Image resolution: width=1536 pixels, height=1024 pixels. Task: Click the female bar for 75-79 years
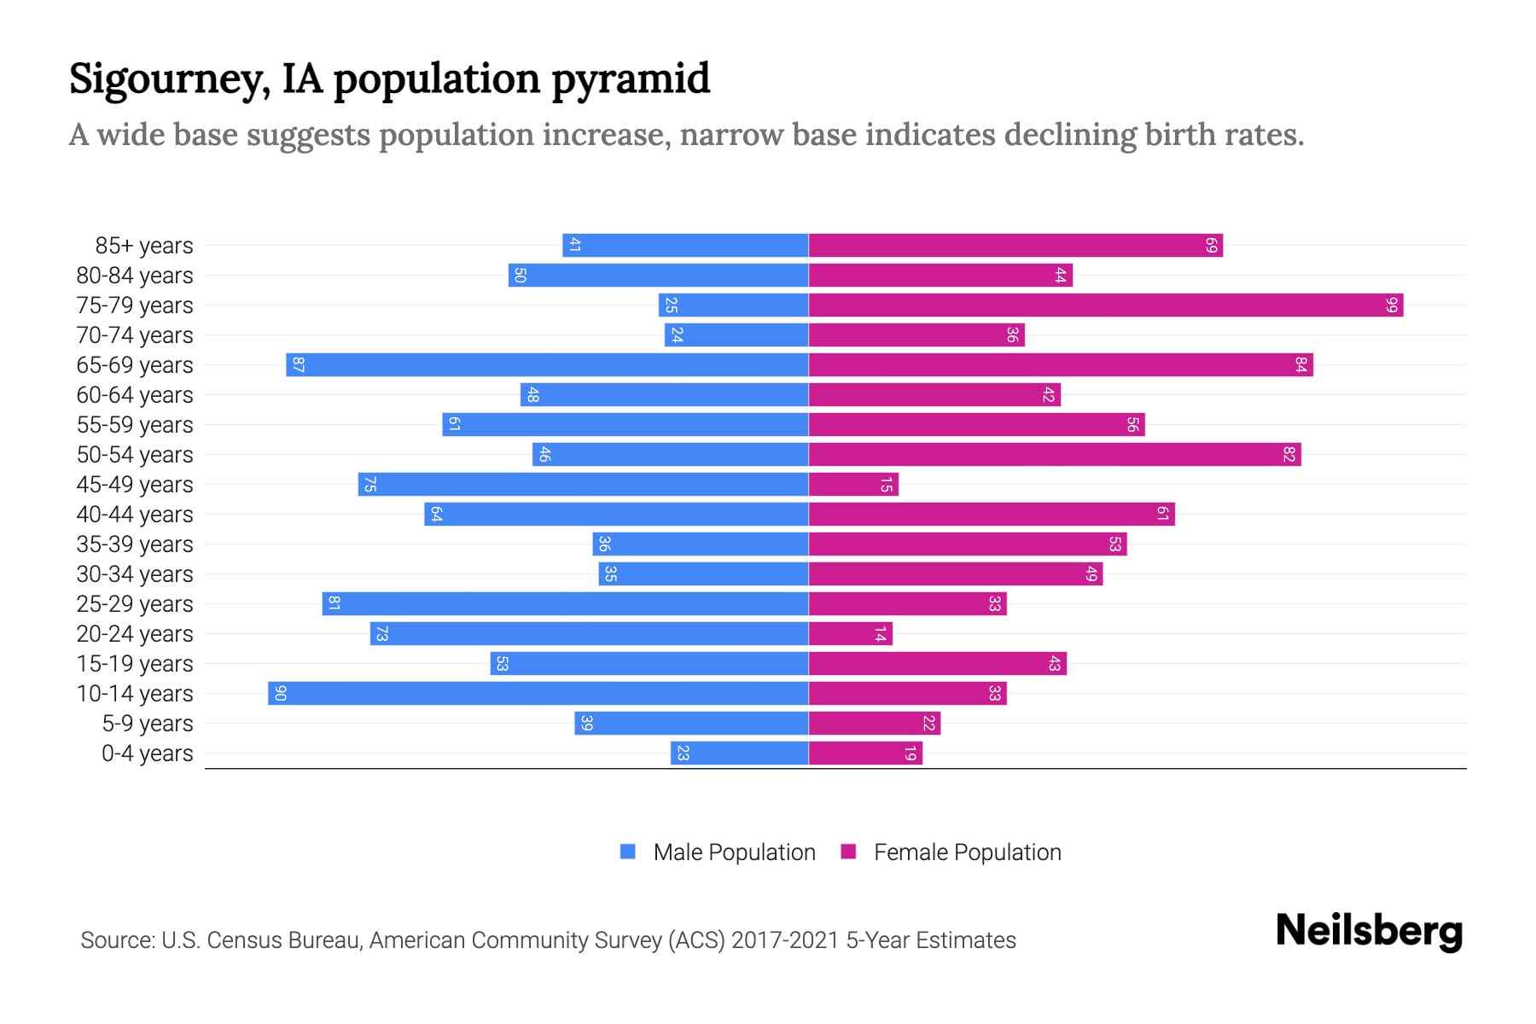coord(1105,305)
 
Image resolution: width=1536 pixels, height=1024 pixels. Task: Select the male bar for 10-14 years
coord(538,694)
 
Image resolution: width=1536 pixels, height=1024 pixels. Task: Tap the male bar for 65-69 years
coord(546,365)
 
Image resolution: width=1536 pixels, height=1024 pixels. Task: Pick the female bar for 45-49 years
coord(853,485)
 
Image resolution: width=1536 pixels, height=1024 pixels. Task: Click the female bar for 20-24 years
coord(850,634)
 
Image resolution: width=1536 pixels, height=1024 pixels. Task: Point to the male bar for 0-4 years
coord(739,753)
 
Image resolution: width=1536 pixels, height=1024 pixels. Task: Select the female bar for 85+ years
coord(1015,246)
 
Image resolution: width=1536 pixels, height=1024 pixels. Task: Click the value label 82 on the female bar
coord(1289,455)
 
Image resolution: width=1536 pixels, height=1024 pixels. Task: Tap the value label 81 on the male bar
coord(335,604)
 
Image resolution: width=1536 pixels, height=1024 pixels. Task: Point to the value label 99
coord(1391,305)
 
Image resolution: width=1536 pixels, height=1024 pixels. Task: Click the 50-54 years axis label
coord(135,455)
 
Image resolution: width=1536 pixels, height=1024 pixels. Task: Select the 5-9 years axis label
coord(147,724)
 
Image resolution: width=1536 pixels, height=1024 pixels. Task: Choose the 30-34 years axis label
coord(135,574)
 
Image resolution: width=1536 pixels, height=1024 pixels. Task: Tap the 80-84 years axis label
coord(135,276)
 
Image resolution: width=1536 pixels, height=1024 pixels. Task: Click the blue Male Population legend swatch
coord(628,852)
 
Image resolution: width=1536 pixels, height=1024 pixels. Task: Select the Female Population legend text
coord(967,852)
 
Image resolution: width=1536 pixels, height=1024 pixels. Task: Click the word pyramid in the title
coord(630,79)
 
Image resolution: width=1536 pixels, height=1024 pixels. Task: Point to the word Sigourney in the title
coord(169,79)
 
